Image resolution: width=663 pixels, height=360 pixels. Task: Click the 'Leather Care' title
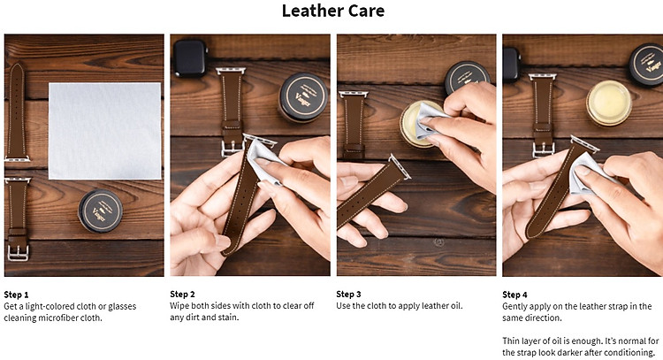333,11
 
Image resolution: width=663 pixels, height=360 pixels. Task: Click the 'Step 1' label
16,295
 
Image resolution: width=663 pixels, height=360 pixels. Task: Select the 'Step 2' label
182,294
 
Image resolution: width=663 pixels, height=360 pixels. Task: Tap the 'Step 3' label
348,294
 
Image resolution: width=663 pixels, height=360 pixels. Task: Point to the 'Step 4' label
514,295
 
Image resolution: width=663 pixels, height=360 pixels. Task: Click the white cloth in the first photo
105,131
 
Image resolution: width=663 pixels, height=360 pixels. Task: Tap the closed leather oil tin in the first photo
100,211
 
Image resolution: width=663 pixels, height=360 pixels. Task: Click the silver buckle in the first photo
18,252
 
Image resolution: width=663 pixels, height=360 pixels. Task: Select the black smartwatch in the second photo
190,58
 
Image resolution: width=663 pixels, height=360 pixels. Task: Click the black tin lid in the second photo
303,97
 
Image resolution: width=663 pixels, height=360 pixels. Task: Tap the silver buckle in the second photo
232,149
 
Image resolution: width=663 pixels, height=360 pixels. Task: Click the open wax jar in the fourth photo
608,103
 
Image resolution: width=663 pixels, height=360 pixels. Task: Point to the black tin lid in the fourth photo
647,65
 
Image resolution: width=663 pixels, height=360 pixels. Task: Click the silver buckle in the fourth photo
544,149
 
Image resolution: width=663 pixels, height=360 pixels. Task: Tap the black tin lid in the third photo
467,78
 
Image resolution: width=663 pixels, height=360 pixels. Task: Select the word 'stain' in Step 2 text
228,317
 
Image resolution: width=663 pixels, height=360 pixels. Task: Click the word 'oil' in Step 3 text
455,305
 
